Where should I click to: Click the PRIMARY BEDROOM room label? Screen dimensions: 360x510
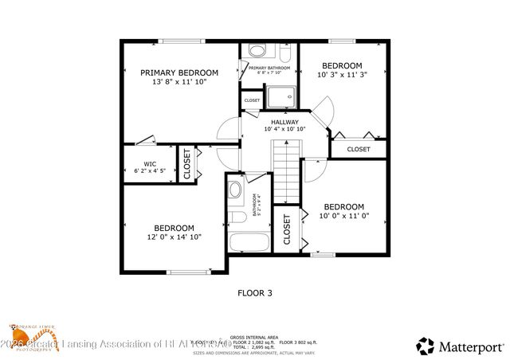point(179,72)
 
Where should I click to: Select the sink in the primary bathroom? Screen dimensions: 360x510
point(257,51)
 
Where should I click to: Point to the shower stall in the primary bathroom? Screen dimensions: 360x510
point(280,97)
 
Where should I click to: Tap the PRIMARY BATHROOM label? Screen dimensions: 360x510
point(269,68)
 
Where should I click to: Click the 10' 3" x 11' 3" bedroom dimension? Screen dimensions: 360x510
point(342,76)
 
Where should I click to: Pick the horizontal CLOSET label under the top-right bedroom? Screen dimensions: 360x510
point(359,149)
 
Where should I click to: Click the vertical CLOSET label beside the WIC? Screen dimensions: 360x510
point(188,165)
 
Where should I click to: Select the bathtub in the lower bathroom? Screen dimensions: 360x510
point(248,241)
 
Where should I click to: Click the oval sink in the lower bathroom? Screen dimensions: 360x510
point(235,190)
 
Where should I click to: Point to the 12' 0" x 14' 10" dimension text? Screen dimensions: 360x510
point(174,237)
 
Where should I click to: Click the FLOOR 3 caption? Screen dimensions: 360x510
point(255,293)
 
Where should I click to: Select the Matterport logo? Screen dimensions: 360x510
point(460,345)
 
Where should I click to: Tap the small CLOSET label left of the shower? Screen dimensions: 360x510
point(252,100)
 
